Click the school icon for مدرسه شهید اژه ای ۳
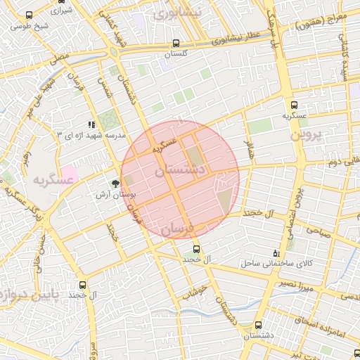pos(91,124)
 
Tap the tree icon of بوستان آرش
pos(115,184)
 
